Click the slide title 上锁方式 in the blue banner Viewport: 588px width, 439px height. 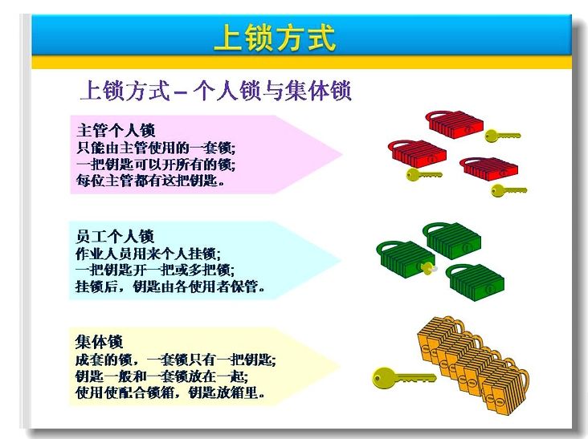275,38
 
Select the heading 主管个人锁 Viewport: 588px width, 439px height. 116,130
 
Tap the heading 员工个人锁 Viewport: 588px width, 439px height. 115,237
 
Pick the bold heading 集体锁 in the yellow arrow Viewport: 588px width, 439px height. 99,342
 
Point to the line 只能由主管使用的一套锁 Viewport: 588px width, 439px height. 156,148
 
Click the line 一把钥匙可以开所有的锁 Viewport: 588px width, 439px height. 156,165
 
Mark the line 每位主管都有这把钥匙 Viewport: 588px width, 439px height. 151,181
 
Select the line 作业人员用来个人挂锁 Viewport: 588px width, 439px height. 148,254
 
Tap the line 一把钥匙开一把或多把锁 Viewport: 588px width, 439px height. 155,270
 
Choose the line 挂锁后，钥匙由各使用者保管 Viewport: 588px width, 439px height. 170,287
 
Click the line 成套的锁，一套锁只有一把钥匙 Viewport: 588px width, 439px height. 175,360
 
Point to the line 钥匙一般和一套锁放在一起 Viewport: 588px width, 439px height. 161,376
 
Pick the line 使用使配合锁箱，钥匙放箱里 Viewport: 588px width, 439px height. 170,392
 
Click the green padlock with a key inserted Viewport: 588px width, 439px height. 406,259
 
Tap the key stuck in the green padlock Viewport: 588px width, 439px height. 428,268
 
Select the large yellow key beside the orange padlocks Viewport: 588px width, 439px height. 404,377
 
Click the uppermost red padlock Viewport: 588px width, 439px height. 455,124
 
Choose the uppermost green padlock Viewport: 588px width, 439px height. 452,241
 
